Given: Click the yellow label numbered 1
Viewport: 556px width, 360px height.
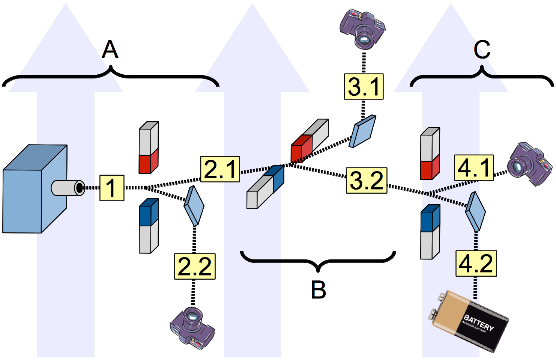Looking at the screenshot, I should [112, 188].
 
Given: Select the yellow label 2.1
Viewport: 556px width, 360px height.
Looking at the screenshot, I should [220, 169].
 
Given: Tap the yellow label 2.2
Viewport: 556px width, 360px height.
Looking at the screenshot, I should [195, 267].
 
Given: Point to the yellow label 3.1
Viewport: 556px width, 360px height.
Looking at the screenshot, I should [364, 87].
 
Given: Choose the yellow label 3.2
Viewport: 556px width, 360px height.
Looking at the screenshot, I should [366, 181].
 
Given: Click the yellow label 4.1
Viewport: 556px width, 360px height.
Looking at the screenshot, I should [474, 167].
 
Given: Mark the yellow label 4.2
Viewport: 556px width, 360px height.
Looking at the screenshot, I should [476, 264].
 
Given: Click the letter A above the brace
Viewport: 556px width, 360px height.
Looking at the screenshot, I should [110, 50].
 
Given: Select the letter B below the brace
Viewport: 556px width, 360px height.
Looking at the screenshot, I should [319, 290].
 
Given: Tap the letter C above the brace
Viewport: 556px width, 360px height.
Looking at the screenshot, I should [482, 50].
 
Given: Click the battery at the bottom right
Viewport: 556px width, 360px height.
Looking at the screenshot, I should [469, 321].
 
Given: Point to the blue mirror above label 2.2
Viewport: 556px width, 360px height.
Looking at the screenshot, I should [194, 206].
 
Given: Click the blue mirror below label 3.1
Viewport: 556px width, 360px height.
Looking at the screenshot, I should [362, 131].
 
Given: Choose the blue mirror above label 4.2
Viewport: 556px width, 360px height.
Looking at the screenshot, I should [475, 212].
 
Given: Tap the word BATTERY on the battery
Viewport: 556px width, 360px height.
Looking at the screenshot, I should [479, 322].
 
